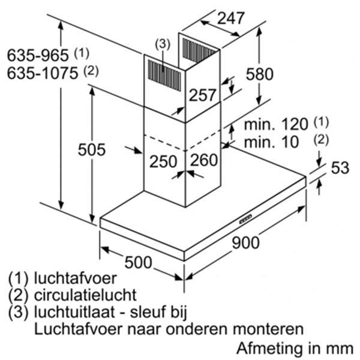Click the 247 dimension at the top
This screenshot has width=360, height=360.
[x=230, y=18]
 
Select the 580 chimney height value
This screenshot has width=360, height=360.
[x=260, y=74]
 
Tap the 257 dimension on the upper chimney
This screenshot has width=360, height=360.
[x=203, y=95]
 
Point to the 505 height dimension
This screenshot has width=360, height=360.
[x=92, y=149]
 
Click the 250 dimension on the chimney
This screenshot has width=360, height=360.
[x=163, y=161]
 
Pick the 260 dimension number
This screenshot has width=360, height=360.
[x=204, y=160]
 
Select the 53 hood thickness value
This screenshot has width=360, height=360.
[x=340, y=167]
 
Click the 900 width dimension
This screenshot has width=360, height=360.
[x=245, y=242]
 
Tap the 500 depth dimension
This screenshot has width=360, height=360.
[x=138, y=262]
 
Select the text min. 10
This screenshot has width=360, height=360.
[x=271, y=142]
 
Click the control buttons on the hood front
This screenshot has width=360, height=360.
[x=245, y=219]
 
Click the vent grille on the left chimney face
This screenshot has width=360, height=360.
[x=164, y=76]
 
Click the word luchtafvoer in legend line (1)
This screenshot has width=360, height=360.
[x=76, y=278]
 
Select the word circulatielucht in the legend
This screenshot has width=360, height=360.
[x=85, y=295]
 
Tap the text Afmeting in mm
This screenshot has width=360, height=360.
[x=295, y=348]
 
